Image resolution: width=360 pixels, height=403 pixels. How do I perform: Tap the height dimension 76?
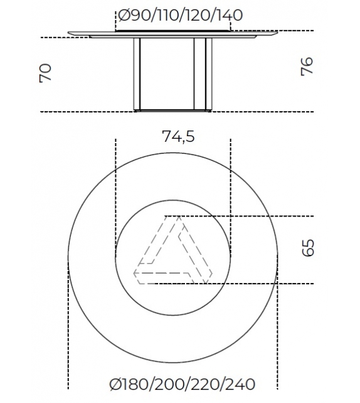pos(307,67)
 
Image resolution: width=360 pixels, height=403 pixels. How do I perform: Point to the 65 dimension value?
pos(307,247)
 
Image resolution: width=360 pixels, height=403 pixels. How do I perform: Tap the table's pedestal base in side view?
pos(172,74)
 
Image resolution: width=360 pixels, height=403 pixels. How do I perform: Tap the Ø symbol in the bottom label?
pos(114,384)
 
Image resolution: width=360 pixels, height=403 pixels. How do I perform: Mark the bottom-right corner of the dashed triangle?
pos(210,274)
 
